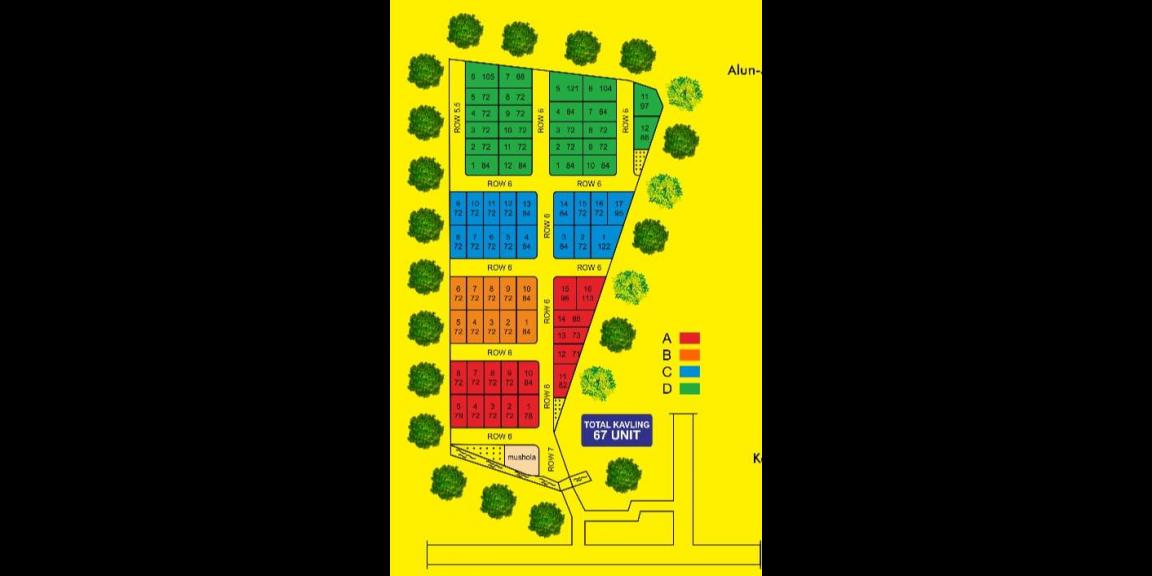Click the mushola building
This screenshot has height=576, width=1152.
[x=522, y=458]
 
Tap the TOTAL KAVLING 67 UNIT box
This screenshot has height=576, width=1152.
[x=616, y=431]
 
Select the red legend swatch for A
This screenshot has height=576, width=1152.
[x=690, y=338]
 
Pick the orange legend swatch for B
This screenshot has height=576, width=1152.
[x=690, y=354]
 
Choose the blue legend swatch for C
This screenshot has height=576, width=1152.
[x=690, y=371]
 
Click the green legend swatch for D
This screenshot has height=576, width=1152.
[x=690, y=388]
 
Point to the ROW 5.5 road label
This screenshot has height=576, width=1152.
[x=457, y=119]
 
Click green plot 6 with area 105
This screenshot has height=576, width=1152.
[x=482, y=77]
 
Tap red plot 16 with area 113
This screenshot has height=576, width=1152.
[x=588, y=293]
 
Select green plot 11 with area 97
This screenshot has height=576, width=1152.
[x=645, y=100]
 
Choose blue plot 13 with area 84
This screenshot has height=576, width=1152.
[x=527, y=208]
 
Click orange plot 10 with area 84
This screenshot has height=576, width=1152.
[x=527, y=293]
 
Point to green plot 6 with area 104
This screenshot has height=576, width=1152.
[x=600, y=89]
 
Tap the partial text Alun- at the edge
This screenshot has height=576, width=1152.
[x=745, y=71]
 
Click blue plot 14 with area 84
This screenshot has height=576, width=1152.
[x=564, y=208]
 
